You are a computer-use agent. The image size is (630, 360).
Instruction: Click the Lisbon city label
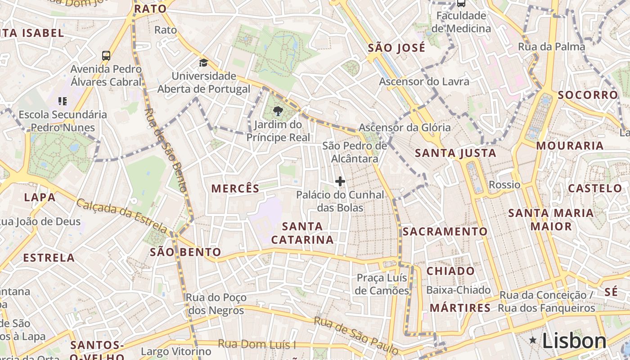(x=574, y=341)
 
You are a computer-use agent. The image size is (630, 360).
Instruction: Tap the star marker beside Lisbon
(x=533, y=340)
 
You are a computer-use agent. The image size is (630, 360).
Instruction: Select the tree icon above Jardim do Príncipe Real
(x=278, y=111)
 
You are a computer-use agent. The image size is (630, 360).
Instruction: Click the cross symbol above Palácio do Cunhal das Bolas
(x=340, y=181)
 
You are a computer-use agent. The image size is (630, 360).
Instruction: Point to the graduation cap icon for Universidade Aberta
(x=204, y=63)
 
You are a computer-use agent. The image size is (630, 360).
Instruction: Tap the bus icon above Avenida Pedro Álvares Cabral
(x=106, y=56)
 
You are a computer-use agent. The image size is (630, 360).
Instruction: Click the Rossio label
(x=504, y=185)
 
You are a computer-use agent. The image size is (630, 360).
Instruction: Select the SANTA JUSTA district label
(x=455, y=153)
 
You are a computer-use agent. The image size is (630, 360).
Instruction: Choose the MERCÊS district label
(x=235, y=189)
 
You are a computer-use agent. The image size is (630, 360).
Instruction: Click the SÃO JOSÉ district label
(x=396, y=48)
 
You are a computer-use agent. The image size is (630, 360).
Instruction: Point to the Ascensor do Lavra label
(x=424, y=81)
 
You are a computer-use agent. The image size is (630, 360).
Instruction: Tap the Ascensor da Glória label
(x=405, y=127)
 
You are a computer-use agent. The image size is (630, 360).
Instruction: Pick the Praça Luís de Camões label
(x=382, y=284)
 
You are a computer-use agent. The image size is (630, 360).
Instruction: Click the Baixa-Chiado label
(x=458, y=290)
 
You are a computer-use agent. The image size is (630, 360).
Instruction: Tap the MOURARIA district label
(x=569, y=145)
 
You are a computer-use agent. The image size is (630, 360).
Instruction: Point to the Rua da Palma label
(x=551, y=47)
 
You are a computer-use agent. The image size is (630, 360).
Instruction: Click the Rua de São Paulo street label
(x=356, y=335)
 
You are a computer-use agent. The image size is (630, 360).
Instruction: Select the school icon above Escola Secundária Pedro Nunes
(x=63, y=101)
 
